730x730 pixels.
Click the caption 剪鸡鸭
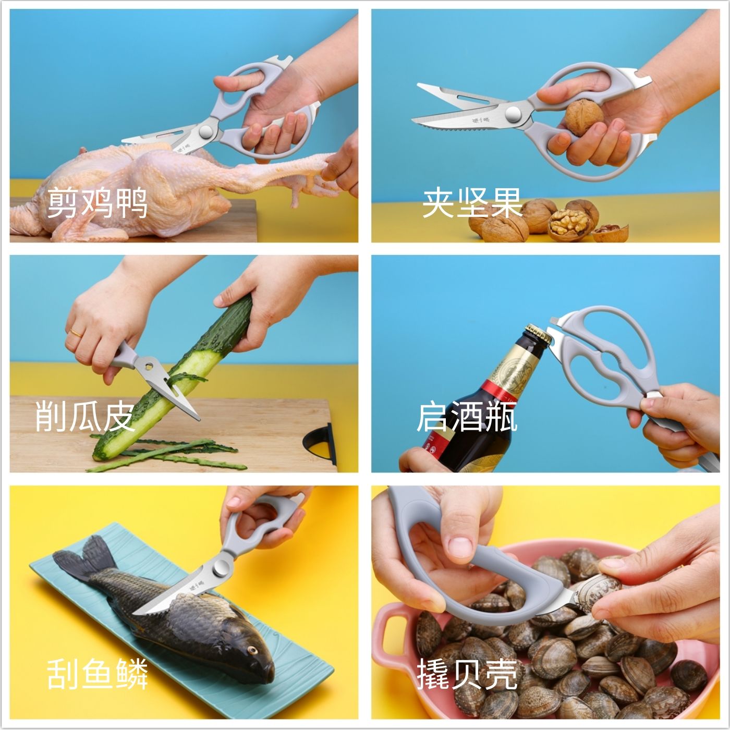pyautogui.click(x=97, y=203)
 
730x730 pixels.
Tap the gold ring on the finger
pyautogui.click(x=75, y=333)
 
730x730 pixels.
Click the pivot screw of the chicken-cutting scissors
pyautogui.click(x=206, y=131)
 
